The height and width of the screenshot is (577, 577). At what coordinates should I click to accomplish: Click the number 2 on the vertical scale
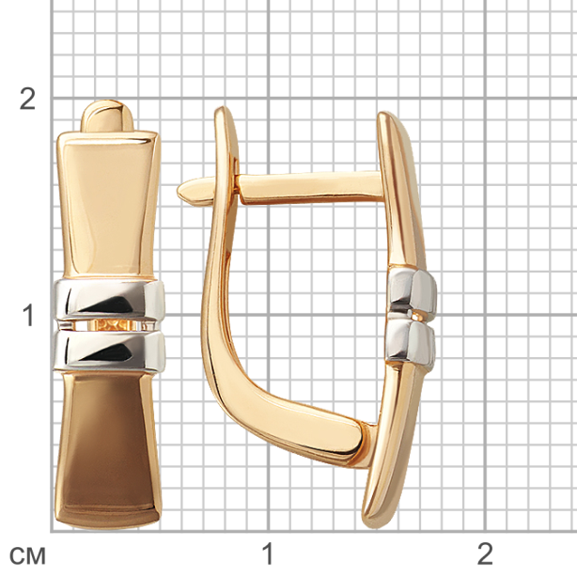(27, 99)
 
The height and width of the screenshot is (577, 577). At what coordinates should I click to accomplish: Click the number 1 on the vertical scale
(28, 316)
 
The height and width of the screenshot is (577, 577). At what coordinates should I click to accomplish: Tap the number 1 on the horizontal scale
(268, 554)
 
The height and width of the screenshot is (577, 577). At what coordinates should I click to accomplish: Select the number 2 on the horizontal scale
(485, 554)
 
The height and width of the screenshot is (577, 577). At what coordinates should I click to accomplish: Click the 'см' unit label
(27, 555)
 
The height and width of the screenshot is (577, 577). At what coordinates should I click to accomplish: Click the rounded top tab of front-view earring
(107, 116)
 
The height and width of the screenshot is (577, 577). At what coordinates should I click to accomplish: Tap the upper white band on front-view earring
(109, 300)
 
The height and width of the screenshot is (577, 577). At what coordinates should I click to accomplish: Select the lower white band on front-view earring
(109, 350)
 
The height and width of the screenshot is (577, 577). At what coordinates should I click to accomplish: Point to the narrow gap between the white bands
(109, 325)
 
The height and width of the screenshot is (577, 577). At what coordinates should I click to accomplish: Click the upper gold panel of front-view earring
(108, 204)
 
